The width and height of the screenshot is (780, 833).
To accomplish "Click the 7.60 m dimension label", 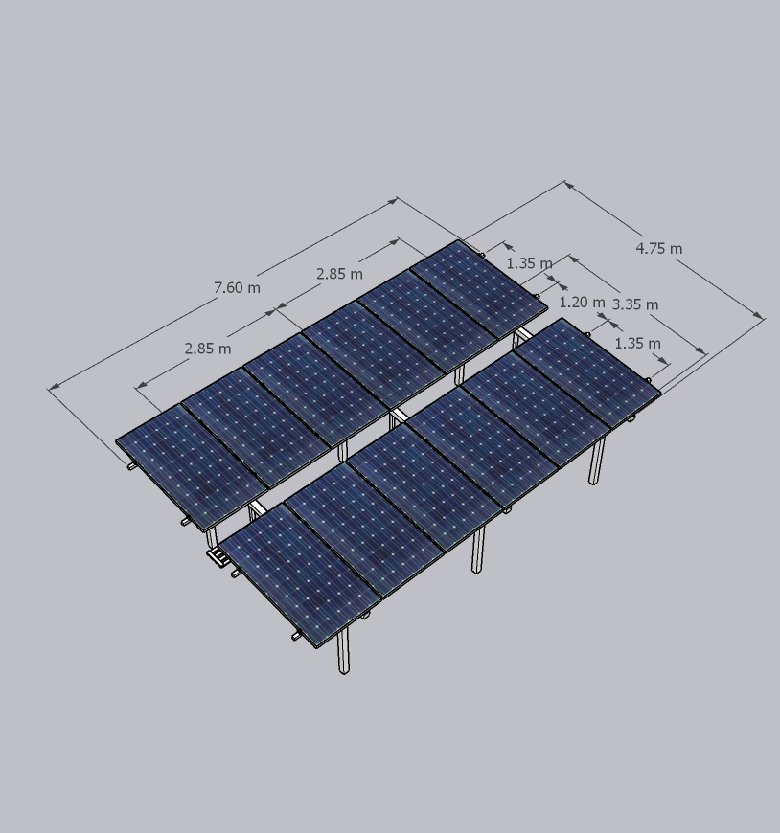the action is point(237,287).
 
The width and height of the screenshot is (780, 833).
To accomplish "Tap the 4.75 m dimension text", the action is point(658,248).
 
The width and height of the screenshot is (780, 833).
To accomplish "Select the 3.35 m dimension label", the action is point(635,304).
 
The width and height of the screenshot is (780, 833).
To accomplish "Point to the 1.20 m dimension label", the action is point(583,303).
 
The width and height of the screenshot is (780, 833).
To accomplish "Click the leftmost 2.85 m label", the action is point(208,349).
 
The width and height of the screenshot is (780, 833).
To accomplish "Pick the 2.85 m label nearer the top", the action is point(340,274).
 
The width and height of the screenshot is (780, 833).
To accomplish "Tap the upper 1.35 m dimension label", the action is point(529,263).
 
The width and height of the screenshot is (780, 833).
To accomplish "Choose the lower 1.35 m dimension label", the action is point(637,343).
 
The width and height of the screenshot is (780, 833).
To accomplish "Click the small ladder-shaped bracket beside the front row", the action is point(218,557).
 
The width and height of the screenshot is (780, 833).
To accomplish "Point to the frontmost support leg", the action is point(343,651).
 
